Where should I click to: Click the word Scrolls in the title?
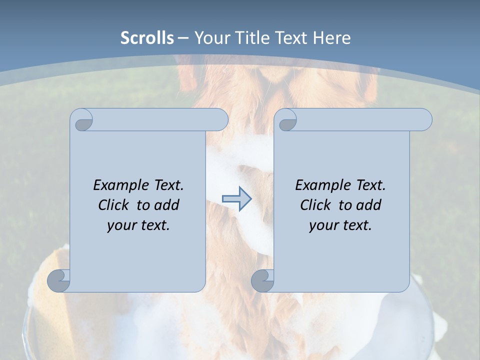click(147, 38)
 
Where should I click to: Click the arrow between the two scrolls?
click(236, 199)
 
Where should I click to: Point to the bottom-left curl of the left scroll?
click(59, 281)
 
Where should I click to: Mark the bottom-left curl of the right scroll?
click(262, 281)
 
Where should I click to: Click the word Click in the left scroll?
click(114, 205)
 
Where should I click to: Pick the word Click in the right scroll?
click(315, 205)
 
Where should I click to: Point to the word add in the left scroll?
click(166, 205)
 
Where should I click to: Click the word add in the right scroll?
click(368, 205)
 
